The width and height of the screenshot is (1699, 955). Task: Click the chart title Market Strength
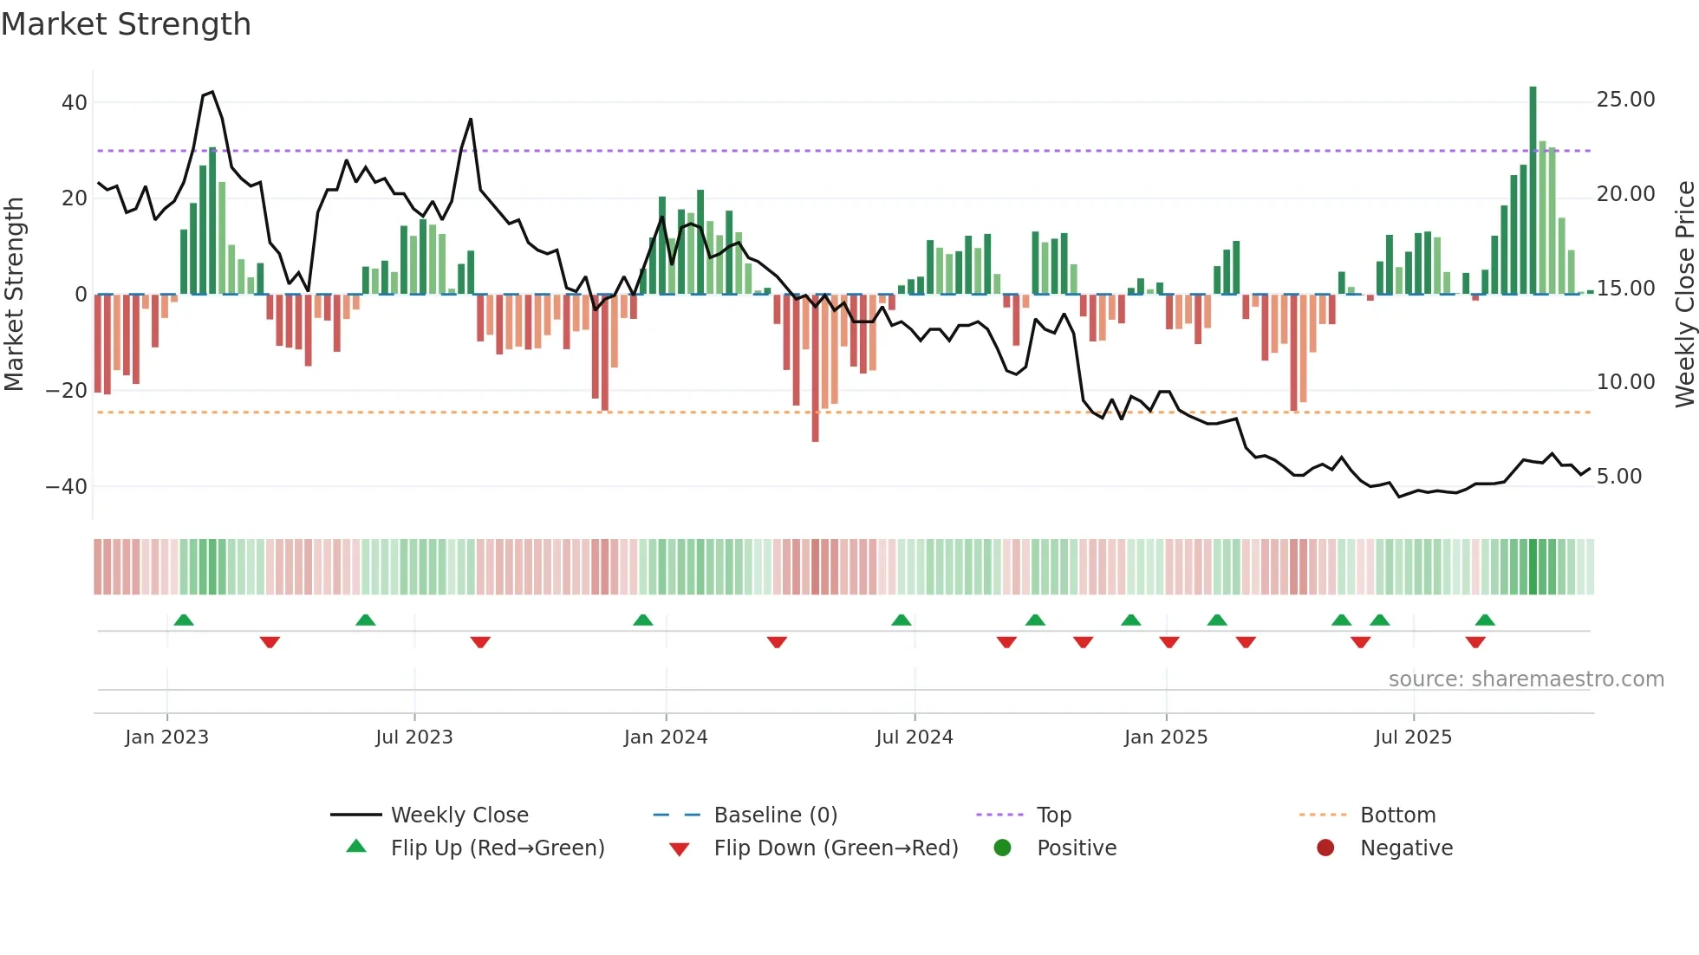coord(126,24)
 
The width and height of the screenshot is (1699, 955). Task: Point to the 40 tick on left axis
coord(75,103)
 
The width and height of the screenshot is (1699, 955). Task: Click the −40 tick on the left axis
coord(67,487)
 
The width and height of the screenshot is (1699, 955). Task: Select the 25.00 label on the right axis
coord(1625,100)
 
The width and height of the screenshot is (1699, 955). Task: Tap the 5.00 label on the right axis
coord(1618,477)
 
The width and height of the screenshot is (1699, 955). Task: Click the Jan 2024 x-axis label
coord(665,737)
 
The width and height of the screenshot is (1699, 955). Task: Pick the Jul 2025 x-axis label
coord(1412,737)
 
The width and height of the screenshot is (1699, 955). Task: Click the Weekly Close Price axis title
coord(1684,295)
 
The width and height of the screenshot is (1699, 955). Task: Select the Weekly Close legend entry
coord(459,815)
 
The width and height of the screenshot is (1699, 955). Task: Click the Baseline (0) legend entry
coord(775,815)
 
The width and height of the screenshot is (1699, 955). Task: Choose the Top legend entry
coord(1053,815)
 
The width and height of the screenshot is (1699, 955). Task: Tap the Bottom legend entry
coord(1397,815)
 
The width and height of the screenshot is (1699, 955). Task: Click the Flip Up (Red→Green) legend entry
coord(497,848)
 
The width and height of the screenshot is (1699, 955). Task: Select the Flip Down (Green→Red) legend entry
coord(835,848)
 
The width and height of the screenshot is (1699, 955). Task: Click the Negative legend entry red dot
coord(1325,848)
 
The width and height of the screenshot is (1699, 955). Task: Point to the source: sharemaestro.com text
coord(1526,679)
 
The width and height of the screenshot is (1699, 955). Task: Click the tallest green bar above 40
coord(1533,191)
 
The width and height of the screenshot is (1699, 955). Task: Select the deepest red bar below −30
coord(815,368)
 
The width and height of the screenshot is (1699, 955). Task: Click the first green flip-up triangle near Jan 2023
coord(184,620)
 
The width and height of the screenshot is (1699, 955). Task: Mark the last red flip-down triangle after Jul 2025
coord(1475,642)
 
